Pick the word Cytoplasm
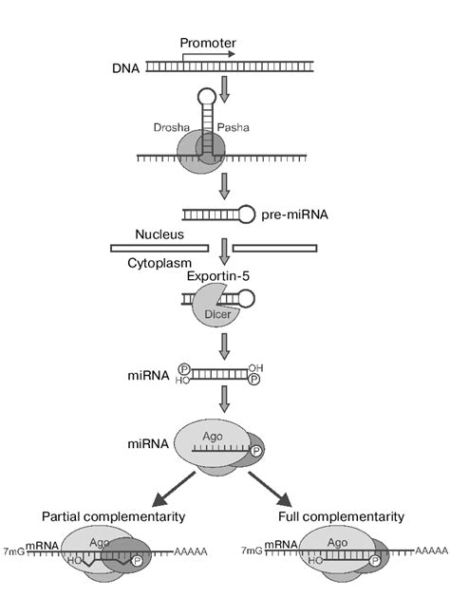pos(160,265)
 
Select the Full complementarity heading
pos(342,516)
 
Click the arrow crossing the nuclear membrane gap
pos(225,250)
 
